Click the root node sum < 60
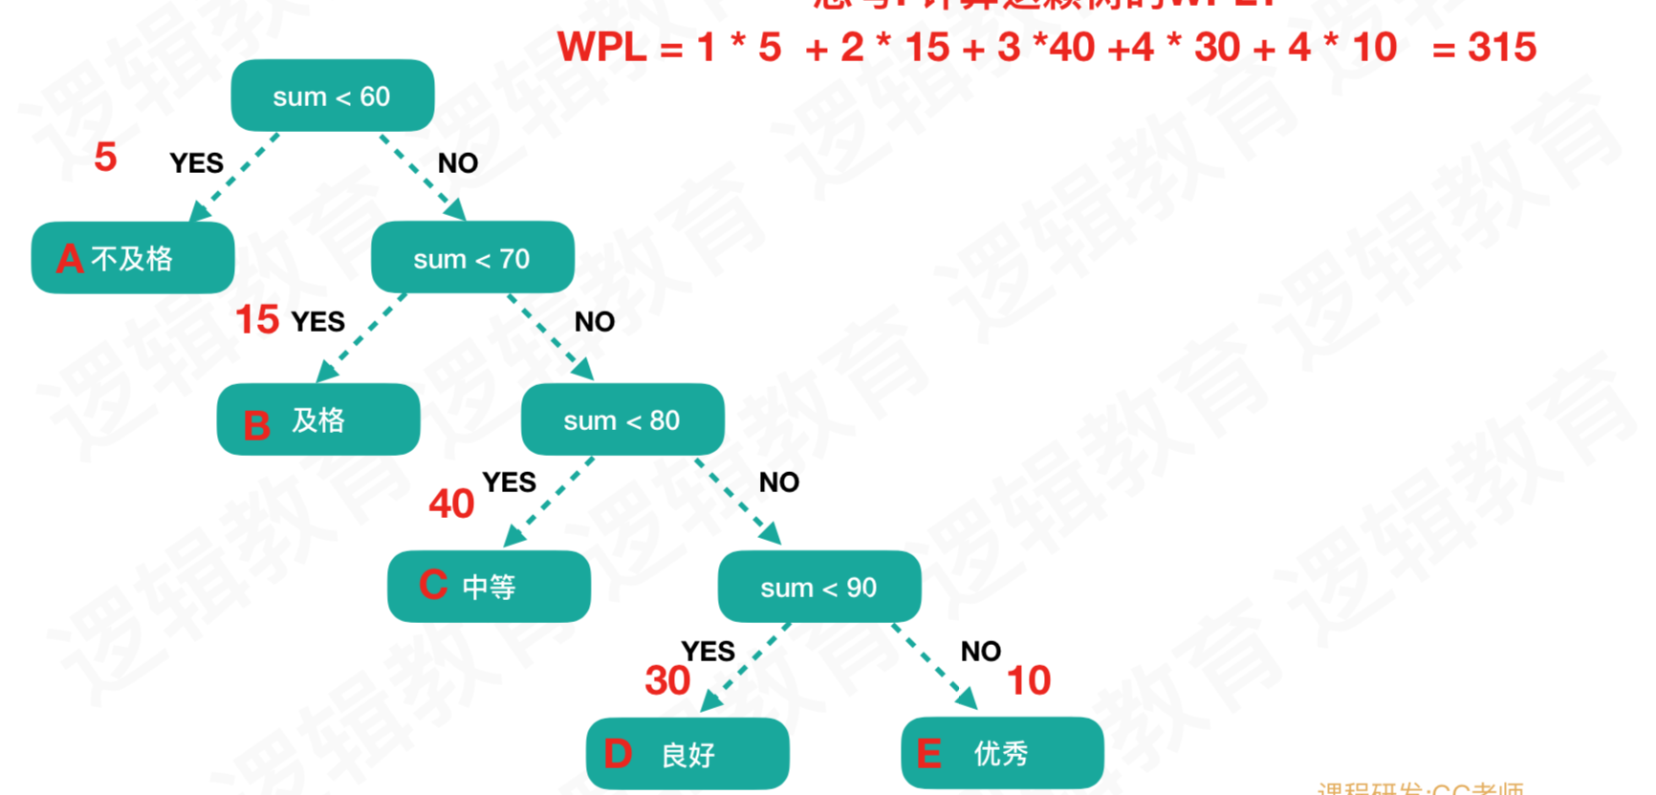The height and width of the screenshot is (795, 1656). [332, 96]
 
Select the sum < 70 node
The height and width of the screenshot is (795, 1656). [472, 258]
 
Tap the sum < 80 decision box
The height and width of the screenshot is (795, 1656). [622, 419]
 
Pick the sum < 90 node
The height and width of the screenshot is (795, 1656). [819, 587]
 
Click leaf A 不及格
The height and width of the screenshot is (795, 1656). [133, 258]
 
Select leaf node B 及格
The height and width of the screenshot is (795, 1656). [318, 420]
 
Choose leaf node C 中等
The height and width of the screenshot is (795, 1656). [489, 586]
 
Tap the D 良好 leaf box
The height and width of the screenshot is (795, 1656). [687, 754]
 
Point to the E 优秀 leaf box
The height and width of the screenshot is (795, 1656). [1002, 753]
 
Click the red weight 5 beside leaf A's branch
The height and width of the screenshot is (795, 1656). [105, 157]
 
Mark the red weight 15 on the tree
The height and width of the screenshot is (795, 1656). [257, 320]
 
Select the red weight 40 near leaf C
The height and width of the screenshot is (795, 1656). [451, 504]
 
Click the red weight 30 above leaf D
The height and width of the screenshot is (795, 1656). [667, 680]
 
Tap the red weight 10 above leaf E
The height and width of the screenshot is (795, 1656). [1029, 680]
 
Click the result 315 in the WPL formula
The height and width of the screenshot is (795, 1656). [1502, 47]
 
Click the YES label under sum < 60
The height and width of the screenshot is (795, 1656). [196, 163]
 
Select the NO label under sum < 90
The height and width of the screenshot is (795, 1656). [980, 652]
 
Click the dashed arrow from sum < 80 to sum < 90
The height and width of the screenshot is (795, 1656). [738, 501]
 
